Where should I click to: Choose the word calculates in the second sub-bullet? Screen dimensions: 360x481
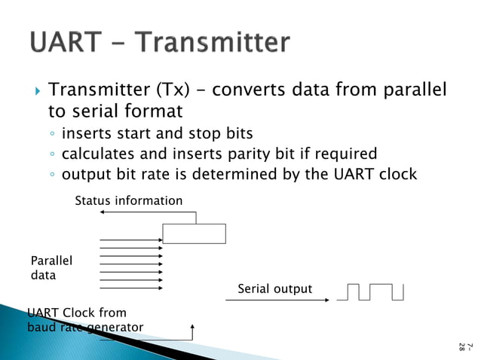(96, 154)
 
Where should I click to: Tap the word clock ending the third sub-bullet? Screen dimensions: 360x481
(397, 174)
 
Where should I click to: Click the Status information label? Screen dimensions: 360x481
(129, 201)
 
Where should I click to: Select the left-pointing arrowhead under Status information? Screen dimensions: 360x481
(103, 213)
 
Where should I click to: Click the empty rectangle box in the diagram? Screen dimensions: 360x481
(194, 233)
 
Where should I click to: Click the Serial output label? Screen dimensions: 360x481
(274, 289)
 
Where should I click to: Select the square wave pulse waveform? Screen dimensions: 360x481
(370, 291)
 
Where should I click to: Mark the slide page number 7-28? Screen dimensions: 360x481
(465, 346)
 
